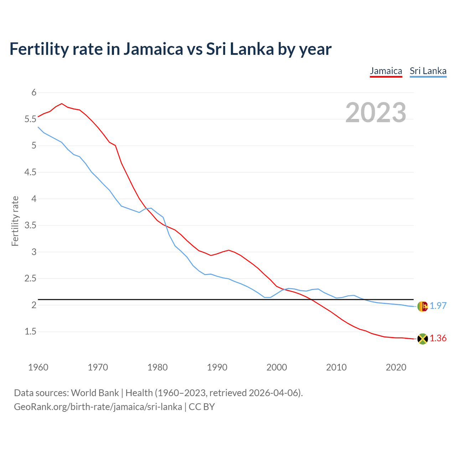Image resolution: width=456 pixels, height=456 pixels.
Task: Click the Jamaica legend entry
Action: click(x=386, y=71)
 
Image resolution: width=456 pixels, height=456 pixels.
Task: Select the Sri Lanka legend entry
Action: click(x=428, y=71)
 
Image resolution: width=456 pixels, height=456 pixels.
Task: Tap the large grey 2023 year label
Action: click(x=376, y=113)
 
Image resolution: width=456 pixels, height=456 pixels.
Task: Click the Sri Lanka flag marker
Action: click(x=423, y=306)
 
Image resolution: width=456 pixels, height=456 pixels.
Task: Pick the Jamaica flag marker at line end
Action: click(x=423, y=339)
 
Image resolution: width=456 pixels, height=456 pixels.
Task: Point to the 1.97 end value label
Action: click(x=438, y=306)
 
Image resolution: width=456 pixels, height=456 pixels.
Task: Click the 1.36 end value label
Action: click(x=438, y=338)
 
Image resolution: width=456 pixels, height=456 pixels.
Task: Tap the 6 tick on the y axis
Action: click(x=34, y=93)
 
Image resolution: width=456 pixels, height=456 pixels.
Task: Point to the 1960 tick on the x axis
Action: click(x=38, y=367)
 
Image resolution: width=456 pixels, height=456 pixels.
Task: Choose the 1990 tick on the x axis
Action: click(x=217, y=367)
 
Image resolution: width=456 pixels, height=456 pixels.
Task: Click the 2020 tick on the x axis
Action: click(x=396, y=367)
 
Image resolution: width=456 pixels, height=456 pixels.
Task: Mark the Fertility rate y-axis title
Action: click(x=15, y=221)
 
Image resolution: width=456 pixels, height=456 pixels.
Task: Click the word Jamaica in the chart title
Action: click(x=153, y=49)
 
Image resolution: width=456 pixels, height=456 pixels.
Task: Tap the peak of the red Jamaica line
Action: click(x=62, y=104)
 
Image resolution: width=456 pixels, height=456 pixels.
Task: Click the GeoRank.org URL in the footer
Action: click(x=98, y=406)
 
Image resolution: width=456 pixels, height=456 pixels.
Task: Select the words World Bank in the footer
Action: click(x=95, y=393)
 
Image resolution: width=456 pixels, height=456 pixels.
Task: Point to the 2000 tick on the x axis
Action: click(x=276, y=367)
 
